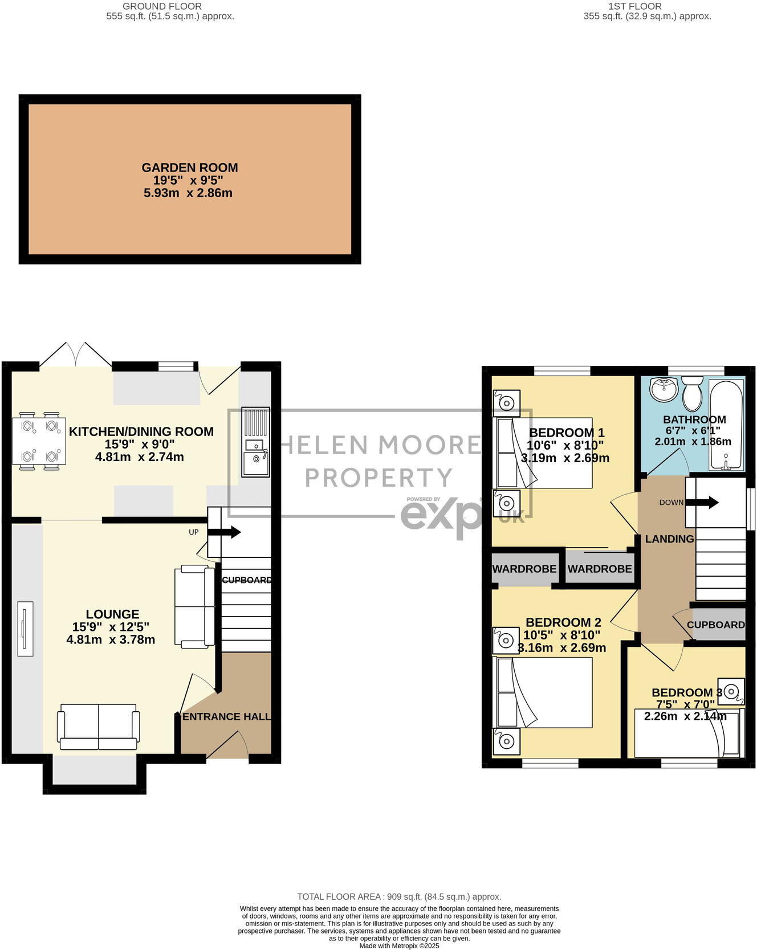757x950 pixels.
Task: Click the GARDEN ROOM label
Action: [190, 168]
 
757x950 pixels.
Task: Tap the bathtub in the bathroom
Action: [726, 425]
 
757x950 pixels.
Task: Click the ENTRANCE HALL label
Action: [226, 716]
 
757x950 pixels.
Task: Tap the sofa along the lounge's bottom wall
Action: [98, 727]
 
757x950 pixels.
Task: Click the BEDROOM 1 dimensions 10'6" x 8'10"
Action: [565, 445]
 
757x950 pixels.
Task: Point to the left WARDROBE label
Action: [524, 569]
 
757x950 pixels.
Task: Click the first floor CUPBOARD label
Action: [715, 625]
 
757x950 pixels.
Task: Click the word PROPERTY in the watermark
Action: [379, 478]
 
